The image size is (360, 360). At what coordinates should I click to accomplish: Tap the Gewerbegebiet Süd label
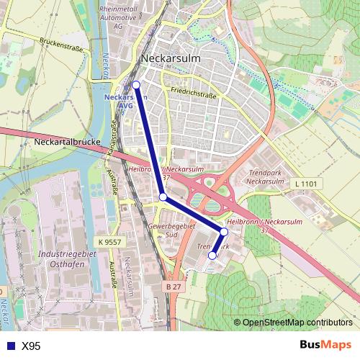[x=172, y=230]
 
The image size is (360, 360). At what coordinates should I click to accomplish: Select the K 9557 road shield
[x=111, y=243]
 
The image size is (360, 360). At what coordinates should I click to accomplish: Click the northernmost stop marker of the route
[x=136, y=84]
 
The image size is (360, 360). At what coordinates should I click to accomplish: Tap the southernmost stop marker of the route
[x=212, y=256]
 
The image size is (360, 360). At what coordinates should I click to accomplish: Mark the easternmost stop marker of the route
[x=225, y=232]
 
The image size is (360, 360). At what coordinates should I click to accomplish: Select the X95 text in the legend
[x=31, y=346]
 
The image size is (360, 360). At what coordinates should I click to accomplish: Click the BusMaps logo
[x=325, y=345]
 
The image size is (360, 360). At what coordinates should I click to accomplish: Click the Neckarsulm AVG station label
[x=125, y=101]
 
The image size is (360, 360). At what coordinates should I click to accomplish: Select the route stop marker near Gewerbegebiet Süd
[x=163, y=197]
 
